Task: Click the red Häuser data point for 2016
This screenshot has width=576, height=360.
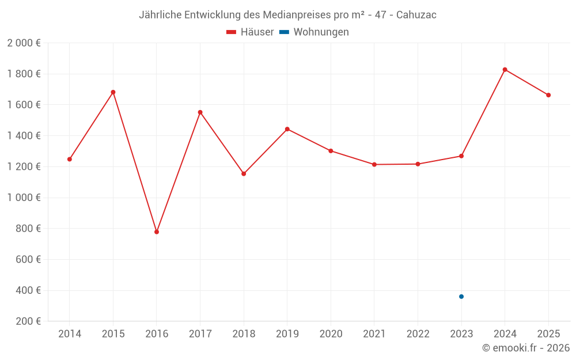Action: pos(157,232)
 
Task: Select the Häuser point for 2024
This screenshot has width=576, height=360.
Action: pos(505,70)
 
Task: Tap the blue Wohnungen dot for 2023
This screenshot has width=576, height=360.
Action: pos(461,297)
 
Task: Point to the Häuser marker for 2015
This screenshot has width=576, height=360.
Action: pos(113,92)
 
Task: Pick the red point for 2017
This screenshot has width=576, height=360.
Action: pos(200,112)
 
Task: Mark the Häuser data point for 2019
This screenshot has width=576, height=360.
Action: pos(287,129)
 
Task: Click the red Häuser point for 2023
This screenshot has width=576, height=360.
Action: pos(461,156)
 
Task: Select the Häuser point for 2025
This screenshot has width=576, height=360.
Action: pos(548,95)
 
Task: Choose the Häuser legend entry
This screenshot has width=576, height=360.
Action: pos(250,32)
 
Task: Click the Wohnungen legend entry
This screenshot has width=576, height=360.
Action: pos(314,32)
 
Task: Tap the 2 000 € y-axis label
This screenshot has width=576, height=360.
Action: pos(24,43)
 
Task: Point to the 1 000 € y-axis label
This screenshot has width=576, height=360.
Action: pos(24,198)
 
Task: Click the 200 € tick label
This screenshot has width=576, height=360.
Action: pos(28,321)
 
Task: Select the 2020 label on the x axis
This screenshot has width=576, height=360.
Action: pos(331,334)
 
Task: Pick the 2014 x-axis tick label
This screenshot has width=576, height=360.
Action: pos(70,334)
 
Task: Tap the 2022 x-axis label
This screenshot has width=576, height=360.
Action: pos(418,334)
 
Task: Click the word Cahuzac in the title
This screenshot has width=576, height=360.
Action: pos(416,15)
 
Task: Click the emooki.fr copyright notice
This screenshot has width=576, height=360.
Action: pos(526,348)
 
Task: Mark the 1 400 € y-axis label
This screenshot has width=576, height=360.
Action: pos(24,136)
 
